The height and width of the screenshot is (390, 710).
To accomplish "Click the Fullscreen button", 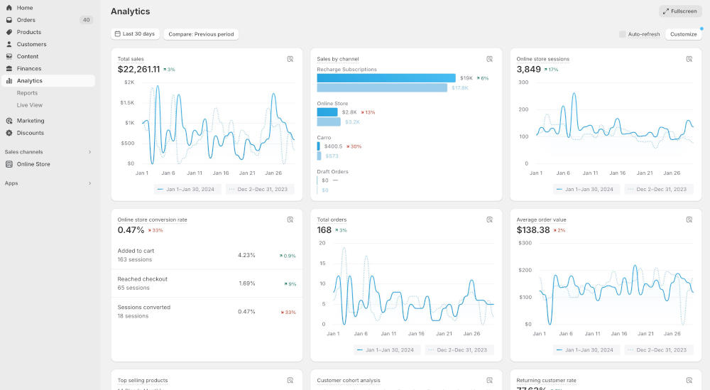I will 680,11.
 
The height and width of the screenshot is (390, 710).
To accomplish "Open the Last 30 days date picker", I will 135,34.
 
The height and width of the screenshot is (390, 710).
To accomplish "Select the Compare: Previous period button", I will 201,34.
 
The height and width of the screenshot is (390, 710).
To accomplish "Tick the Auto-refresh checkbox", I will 623,34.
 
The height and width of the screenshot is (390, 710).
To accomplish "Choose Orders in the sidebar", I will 26,20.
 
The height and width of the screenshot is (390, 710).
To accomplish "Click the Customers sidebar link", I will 31,44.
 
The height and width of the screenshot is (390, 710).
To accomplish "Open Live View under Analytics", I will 30,105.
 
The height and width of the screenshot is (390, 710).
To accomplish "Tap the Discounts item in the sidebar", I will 31,133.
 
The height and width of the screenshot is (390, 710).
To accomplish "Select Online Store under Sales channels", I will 33,164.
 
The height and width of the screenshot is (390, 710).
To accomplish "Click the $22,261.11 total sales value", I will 138,69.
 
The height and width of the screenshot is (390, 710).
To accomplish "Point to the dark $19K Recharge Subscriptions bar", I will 386,78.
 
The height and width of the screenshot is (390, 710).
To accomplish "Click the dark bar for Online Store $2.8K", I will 327,112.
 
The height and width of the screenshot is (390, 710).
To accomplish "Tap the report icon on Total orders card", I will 490,220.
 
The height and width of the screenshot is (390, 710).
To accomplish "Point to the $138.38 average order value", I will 533,230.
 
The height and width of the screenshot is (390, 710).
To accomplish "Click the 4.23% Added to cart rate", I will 246,255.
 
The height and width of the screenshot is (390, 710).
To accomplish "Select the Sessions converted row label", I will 144,308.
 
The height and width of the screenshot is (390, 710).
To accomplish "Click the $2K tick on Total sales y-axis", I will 129,82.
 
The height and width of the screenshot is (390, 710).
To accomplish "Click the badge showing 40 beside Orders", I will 87,20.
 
